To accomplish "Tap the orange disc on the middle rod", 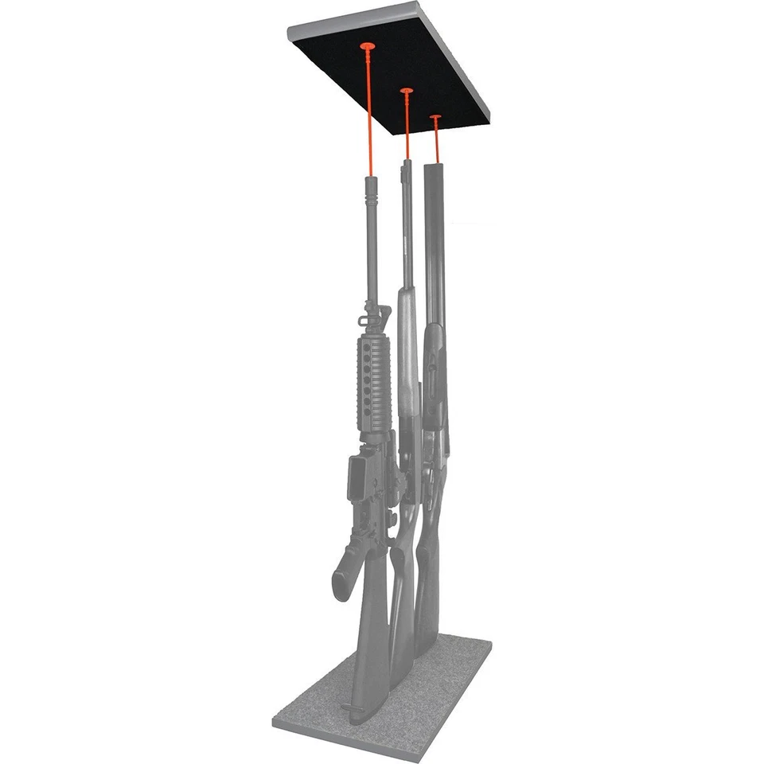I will pyautogui.click(x=406, y=92).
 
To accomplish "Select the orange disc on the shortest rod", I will pyautogui.click(x=435, y=118).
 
